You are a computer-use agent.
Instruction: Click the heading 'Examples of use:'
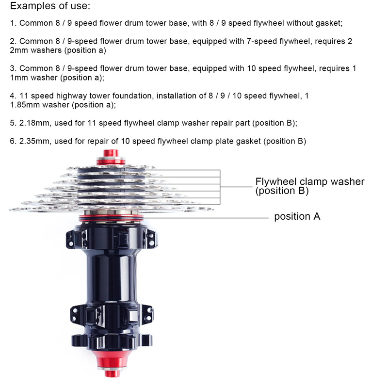pos(50,6)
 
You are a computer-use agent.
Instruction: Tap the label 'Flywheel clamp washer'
pos(310,181)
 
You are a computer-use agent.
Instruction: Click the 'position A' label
pos(297,216)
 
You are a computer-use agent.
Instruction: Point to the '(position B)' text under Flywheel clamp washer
pos(282,191)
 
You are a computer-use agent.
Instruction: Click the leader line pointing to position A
pos(206,218)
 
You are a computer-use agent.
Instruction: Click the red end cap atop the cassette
pos(111,157)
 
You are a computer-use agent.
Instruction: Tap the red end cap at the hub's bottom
pos(112,363)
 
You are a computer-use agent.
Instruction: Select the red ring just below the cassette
pos(111,218)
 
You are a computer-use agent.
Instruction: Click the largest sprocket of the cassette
pos(112,210)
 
